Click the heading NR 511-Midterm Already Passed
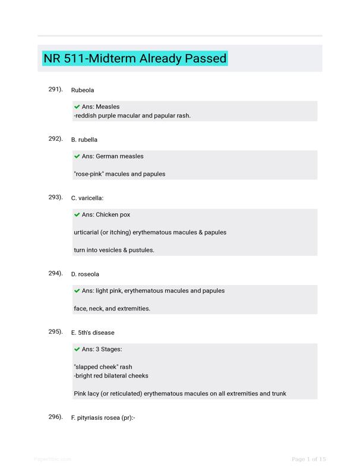(135, 59)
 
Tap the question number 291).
(56, 89)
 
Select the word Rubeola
(83, 90)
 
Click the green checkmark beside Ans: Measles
(77, 107)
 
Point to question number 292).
(56, 139)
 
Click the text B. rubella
(84, 140)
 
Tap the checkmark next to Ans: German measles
(77, 157)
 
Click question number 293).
(56, 197)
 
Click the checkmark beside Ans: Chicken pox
(77, 215)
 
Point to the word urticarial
(89, 232)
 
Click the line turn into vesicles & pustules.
(114, 250)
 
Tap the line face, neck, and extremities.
(112, 308)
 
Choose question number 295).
(56, 331)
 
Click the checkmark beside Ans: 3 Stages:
(77, 349)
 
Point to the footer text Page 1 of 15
(308, 459)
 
